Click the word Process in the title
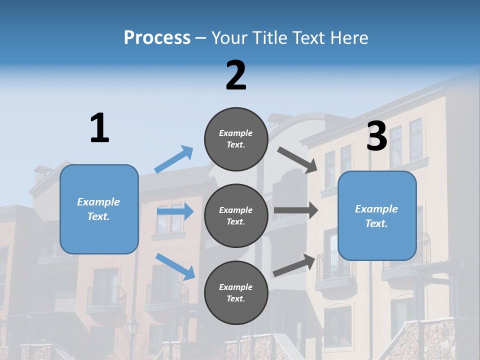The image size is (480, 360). tap(157, 37)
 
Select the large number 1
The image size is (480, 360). tap(99, 128)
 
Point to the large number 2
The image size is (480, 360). tap(236, 75)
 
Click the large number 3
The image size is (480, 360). tap(377, 136)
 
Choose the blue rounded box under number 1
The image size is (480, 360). tap(99, 209)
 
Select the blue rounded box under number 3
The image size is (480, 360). tap(377, 216)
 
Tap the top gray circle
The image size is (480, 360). tap(236, 139)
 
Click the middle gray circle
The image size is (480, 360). tap(236, 216)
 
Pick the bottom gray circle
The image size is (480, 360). tap(236, 292)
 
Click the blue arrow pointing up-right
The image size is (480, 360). tap(174, 159)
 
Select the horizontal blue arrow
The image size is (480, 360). tap(175, 212)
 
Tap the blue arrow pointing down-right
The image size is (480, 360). tap(175, 266)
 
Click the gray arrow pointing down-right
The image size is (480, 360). tap(297, 160)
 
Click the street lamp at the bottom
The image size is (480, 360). tap(133, 330)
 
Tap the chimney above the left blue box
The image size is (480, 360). tap(39, 175)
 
